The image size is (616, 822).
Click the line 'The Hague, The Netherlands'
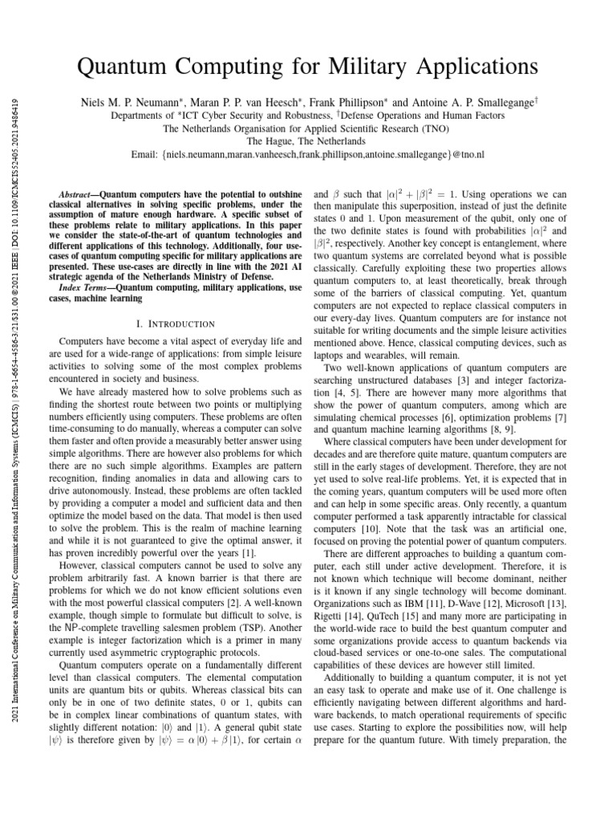(x=307, y=140)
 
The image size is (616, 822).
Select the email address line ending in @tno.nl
(x=307, y=153)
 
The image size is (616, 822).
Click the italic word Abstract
(x=79, y=195)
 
